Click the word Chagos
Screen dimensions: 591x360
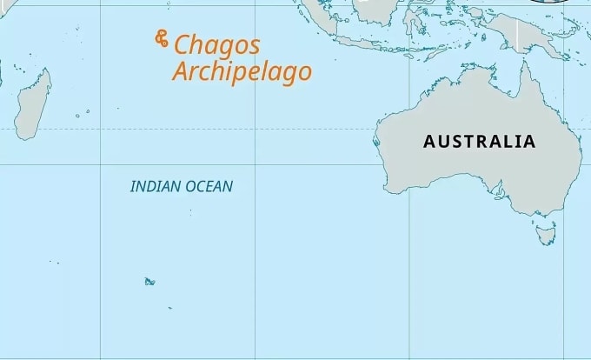click(x=217, y=45)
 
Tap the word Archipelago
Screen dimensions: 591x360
click(x=241, y=71)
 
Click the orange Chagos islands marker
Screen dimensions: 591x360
click(x=161, y=38)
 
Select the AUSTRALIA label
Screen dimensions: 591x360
click(x=479, y=141)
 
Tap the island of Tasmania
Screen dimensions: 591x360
click(x=546, y=233)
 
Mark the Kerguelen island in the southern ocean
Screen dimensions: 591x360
click(x=149, y=281)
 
